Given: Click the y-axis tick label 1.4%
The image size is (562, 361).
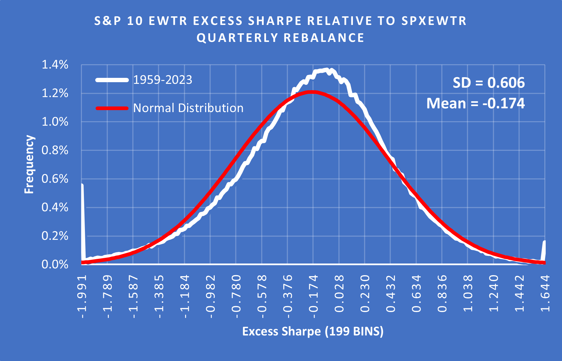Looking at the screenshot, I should [55, 65].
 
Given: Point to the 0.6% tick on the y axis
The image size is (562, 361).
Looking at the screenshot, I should [55, 179].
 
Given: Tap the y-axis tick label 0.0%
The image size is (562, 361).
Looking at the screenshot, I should [55, 265].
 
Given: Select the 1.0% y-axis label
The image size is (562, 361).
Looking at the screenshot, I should [55, 122].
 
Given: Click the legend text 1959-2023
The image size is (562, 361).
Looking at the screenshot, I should [162, 80].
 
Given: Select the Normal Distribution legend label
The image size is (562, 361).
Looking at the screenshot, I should [188, 108].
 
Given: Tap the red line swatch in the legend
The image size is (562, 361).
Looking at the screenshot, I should [112, 108].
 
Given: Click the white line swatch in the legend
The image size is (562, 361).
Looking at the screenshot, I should [112, 80].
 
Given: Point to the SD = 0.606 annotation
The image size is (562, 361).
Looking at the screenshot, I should [488, 83].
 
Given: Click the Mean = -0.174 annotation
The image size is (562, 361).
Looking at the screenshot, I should [475, 103].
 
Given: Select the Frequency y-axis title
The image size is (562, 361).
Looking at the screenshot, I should [29, 164].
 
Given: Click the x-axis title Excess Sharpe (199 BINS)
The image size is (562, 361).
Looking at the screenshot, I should [313, 331].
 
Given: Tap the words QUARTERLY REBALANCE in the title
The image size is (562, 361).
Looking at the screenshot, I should [280, 38].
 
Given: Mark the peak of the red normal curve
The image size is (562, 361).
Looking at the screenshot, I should [312, 92].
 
